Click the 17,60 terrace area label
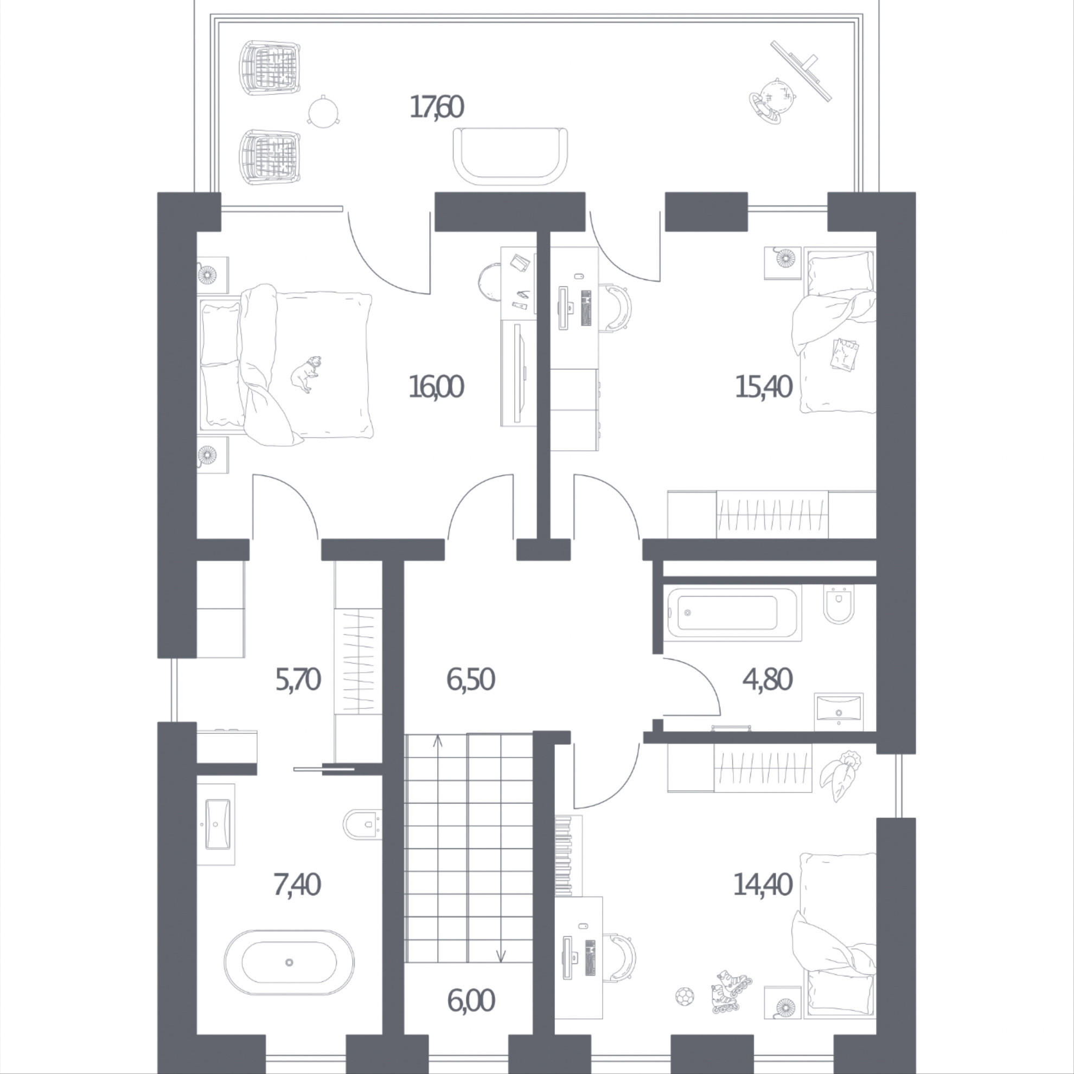(437, 107)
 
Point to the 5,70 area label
(298, 679)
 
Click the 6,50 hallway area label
(470, 679)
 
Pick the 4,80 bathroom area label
(767, 679)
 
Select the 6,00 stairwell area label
(470, 1001)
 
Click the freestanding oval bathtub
(289, 962)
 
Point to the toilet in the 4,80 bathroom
(838, 604)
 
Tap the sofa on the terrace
(510, 157)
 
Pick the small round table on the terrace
(322, 111)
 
